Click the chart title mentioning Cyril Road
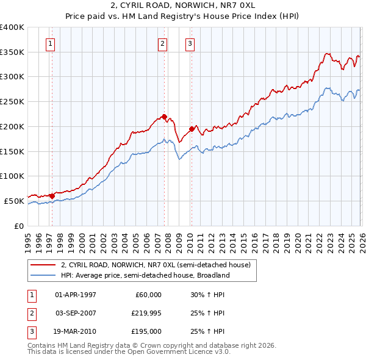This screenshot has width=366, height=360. click(x=182, y=5)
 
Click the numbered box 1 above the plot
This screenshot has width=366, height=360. click(x=49, y=43)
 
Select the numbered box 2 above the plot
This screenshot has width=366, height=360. click(x=163, y=43)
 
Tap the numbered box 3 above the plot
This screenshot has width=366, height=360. click(x=190, y=43)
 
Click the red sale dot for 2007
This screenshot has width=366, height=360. click(x=164, y=116)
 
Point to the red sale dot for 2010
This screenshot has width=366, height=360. click(x=192, y=129)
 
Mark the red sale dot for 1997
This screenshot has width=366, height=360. click(x=52, y=196)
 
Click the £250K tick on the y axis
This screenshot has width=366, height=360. click(x=12, y=101)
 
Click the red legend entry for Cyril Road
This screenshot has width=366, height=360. click(x=156, y=265)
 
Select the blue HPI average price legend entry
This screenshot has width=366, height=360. click(x=145, y=275)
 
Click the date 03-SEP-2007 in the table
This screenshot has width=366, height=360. click(x=76, y=313)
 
